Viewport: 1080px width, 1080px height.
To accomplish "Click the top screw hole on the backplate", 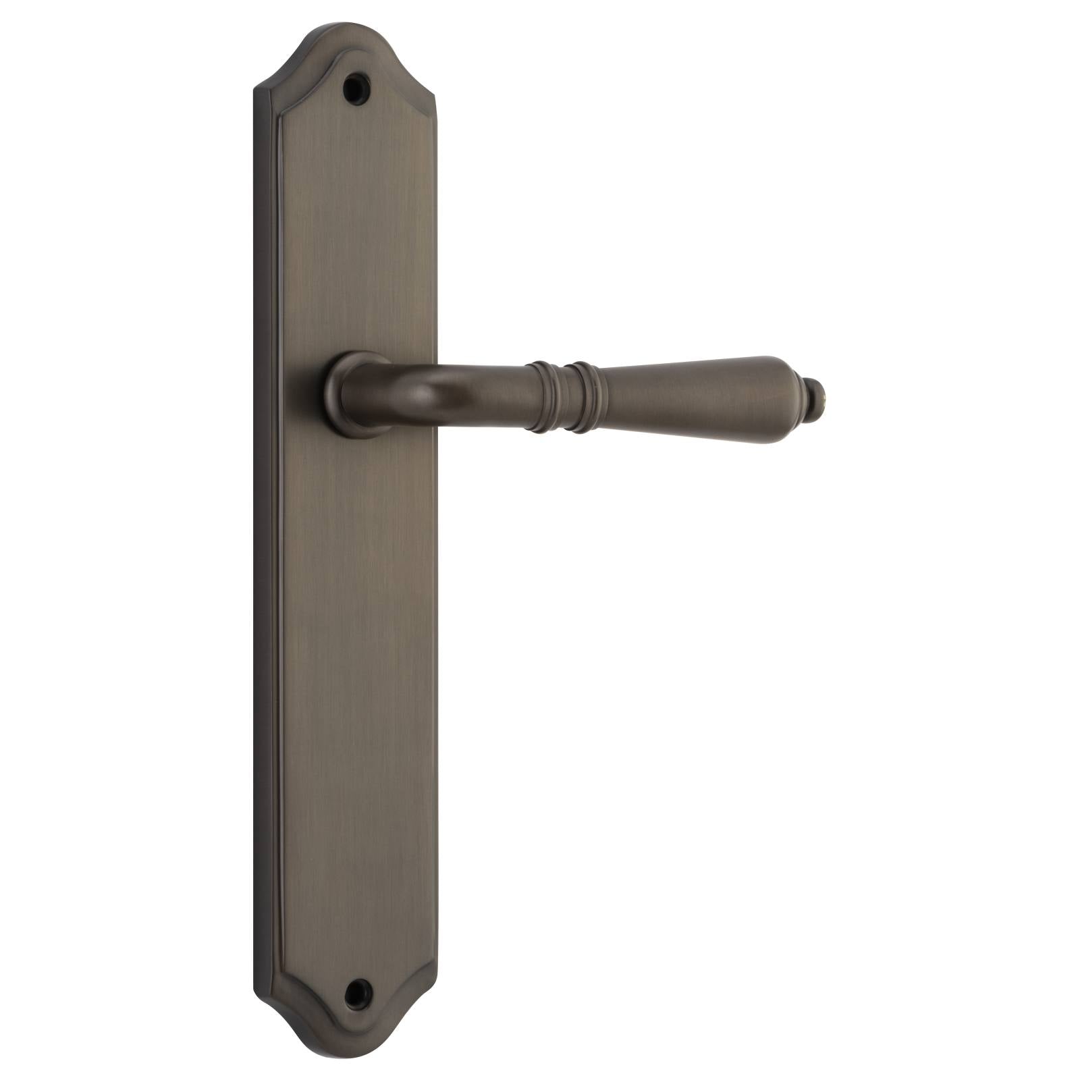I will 356,88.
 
